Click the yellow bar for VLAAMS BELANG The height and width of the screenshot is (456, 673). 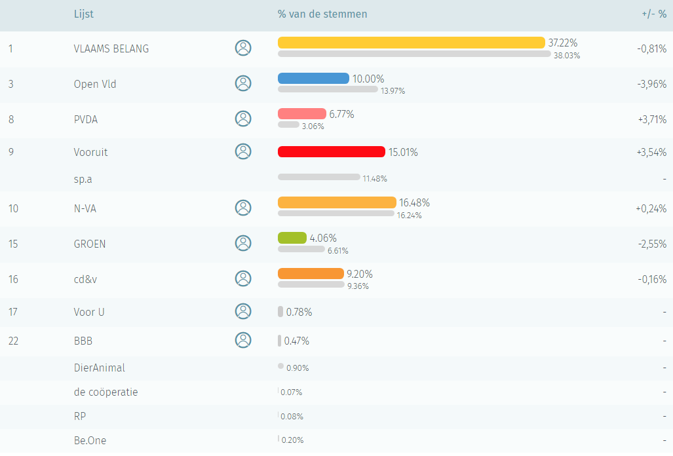pos(411,43)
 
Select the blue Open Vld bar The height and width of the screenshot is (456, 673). pos(313,79)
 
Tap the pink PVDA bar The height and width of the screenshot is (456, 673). pos(301,114)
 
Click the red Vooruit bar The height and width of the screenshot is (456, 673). pos(331,152)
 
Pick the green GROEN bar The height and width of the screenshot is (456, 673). pos(292,238)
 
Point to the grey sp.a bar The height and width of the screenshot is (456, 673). pos(318,177)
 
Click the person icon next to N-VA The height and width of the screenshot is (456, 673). pos(243,208)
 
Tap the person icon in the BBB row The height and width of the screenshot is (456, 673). pos(243,340)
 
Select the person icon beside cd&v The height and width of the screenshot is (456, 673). pos(243,278)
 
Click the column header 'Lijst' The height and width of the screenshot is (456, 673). pos(84,14)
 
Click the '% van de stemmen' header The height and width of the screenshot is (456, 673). pos(322,14)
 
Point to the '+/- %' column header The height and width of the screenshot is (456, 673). pos(654,14)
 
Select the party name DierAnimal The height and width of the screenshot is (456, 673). pos(99,368)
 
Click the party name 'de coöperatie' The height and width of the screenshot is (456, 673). pos(106,392)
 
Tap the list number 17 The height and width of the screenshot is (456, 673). pos(13,312)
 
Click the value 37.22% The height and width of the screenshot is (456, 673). pos(563,43)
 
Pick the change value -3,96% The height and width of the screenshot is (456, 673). pos(652,84)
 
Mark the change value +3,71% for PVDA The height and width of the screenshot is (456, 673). pos(651,119)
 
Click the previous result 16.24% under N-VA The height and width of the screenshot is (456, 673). pos(409,216)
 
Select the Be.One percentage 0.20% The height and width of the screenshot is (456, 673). pos(292,440)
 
